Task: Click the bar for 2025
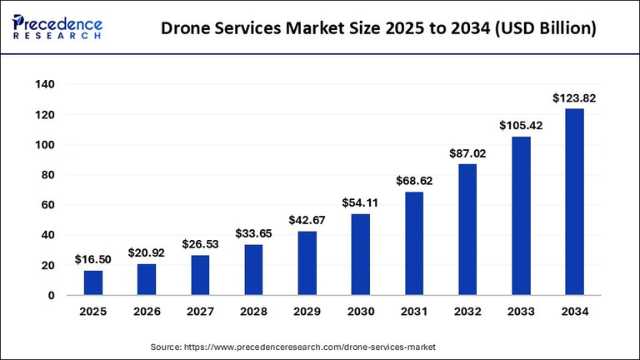coord(93,283)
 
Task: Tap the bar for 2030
coord(360,255)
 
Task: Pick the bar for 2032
coord(467,230)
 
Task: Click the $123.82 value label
coord(574,98)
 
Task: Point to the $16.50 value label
coord(93,260)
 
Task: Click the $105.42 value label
coord(520,126)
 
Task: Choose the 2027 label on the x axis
coord(200,314)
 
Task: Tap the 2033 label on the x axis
coord(520,314)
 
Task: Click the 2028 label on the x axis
coord(253,314)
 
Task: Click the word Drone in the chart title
coord(192,29)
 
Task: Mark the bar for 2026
coord(146,280)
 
